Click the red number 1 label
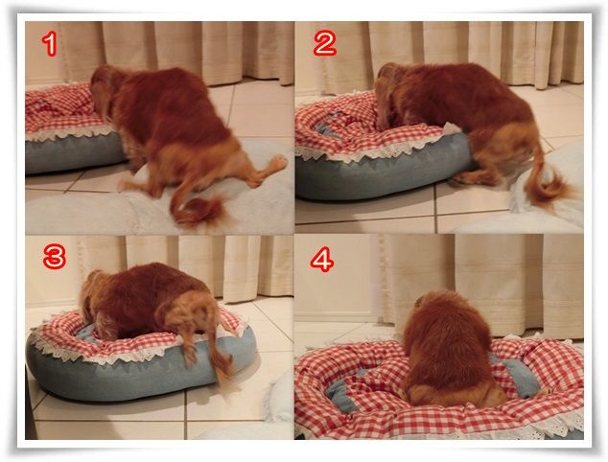click(x=50, y=44)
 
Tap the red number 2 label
click(x=325, y=42)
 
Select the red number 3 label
click(x=55, y=257)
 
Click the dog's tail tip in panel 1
click(x=201, y=211)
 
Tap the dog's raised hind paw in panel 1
click(x=277, y=164)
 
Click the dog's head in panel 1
click(x=102, y=89)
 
